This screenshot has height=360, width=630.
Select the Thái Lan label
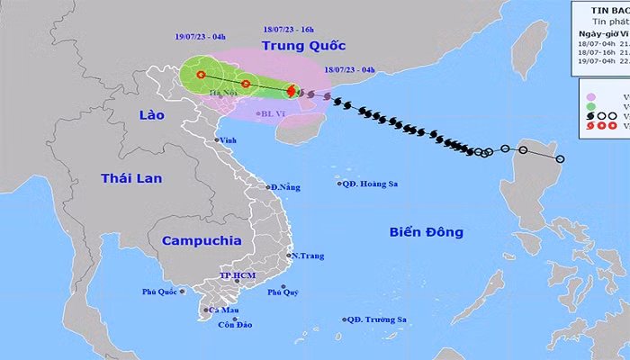(x=131, y=178)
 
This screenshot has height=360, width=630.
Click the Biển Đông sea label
(x=427, y=232)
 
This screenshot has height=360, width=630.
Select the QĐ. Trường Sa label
(x=381, y=319)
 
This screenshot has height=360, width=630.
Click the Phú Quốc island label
(x=158, y=291)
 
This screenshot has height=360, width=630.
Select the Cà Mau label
(x=222, y=310)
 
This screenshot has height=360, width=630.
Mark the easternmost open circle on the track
(x=560, y=185)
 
